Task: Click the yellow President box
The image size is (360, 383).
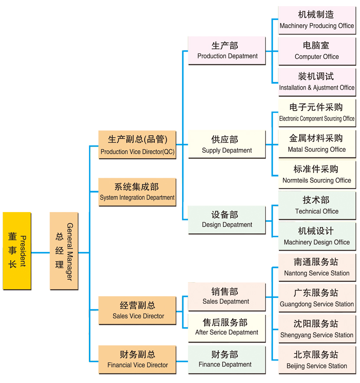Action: click(17, 251)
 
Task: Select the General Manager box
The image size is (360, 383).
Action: click(64, 251)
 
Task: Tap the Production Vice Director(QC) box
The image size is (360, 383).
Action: click(137, 145)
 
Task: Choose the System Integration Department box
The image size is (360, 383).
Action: click(137, 192)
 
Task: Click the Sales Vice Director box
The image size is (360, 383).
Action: click(137, 310)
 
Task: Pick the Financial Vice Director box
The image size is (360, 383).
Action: click(137, 360)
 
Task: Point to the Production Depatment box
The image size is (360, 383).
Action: click(227, 51)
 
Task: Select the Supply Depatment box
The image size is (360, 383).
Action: click(227, 144)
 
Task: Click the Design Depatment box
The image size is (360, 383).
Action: click(227, 219)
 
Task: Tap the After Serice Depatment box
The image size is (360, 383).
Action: click(227, 327)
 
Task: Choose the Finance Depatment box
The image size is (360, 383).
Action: click(227, 359)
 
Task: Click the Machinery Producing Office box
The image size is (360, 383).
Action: click(317, 20)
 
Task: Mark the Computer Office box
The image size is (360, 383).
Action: click(317, 51)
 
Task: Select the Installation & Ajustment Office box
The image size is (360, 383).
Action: click(317, 82)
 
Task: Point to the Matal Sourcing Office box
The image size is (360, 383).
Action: click(317, 144)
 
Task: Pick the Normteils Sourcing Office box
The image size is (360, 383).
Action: click(317, 174)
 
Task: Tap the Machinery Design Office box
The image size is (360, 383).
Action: click(317, 236)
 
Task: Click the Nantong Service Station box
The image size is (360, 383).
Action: click(317, 267)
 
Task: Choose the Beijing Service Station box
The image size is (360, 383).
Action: click(317, 360)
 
